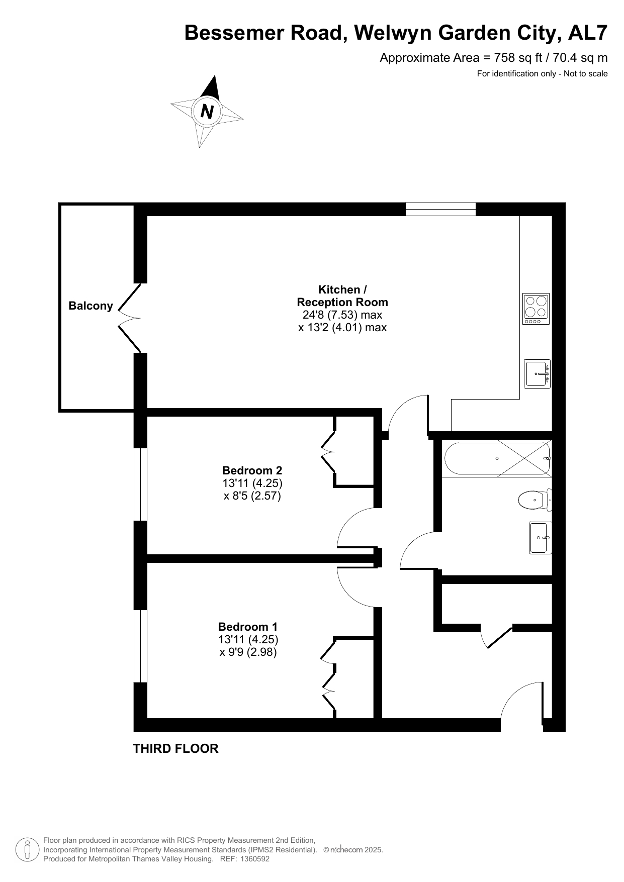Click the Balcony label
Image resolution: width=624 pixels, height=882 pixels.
tap(91, 306)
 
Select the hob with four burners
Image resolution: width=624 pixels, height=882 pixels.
tap(536, 309)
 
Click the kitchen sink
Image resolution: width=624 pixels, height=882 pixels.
tap(537, 373)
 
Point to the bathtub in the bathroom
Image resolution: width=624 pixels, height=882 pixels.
tap(497, 458)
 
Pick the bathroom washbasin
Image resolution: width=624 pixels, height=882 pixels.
tap(541, 538)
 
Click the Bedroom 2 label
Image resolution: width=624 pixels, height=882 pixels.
tap(252, 471)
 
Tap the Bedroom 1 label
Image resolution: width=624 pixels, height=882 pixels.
tap(248, 627)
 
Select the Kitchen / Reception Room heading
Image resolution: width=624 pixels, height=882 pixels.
tap(342, 296)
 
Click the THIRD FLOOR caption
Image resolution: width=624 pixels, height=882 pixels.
tap(175, 749)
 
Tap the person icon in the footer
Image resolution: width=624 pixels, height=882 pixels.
tap(28, 849)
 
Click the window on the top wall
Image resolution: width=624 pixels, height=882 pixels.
tap(440, 209)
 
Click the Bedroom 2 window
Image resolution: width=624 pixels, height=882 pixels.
tap(140, 484)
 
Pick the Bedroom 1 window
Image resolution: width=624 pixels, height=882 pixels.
tap(140, 646)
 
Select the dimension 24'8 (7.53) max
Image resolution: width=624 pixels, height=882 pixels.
tap(342, 315)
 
